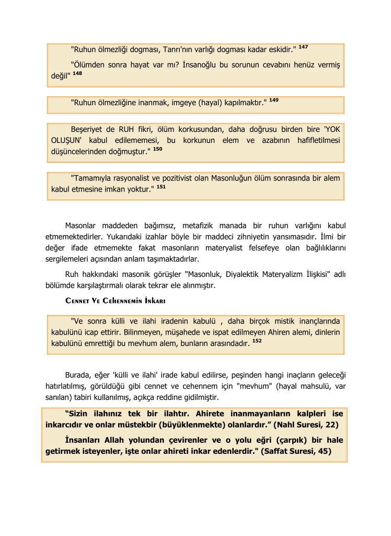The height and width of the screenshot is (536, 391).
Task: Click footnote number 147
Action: pos(303,47)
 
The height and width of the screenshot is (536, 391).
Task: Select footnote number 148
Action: pos(77,73)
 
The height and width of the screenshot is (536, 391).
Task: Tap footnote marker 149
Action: pos(274,99)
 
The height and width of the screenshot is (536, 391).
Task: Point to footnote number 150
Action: pos(158,149)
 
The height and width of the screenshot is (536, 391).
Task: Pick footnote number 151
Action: pos(161,186)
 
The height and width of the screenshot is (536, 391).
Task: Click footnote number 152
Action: pos(257,340)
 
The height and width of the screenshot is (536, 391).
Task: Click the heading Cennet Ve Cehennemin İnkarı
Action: pos(116,301)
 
